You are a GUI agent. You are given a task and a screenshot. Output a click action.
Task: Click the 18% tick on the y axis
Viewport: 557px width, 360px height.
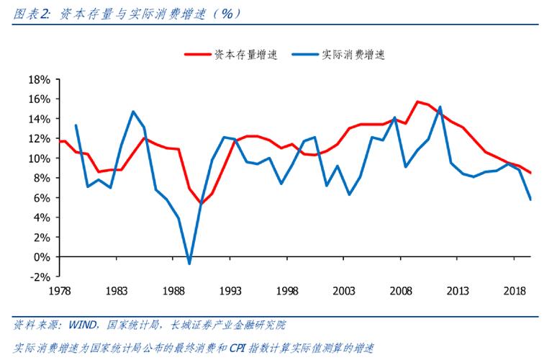click(x=39, y=79)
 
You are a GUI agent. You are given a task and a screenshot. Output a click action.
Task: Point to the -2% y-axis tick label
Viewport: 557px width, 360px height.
click(x=39, y=276)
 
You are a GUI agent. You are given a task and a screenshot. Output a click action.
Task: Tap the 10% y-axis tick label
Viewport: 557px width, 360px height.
click(x=39, y=158)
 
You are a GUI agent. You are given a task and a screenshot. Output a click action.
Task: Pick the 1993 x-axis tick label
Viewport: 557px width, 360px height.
click(x=230, y=290)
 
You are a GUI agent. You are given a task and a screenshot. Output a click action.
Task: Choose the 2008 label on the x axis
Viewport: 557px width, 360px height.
click(x=401, y=290)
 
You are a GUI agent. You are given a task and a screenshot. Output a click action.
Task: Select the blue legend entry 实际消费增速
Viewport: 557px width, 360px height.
click(x=353, y=54)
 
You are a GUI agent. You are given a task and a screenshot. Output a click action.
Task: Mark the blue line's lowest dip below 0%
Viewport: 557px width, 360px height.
click(x=189, y=264)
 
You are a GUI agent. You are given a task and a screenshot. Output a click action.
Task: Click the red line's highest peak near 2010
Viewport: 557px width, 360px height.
click(x=417, y=102)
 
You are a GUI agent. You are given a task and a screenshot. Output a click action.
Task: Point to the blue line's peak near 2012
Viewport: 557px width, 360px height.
click(x=440, y=107)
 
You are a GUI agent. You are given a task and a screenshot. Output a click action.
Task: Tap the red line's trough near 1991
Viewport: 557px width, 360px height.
click(x=201, y=204)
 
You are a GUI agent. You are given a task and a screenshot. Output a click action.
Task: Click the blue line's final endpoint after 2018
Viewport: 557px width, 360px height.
click(x=531, y=199)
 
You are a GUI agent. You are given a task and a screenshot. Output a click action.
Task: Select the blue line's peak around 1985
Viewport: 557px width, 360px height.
click(x=133, y=112)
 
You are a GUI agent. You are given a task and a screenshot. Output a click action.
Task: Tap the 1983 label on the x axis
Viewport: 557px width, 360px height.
click(x=117, y=290)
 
